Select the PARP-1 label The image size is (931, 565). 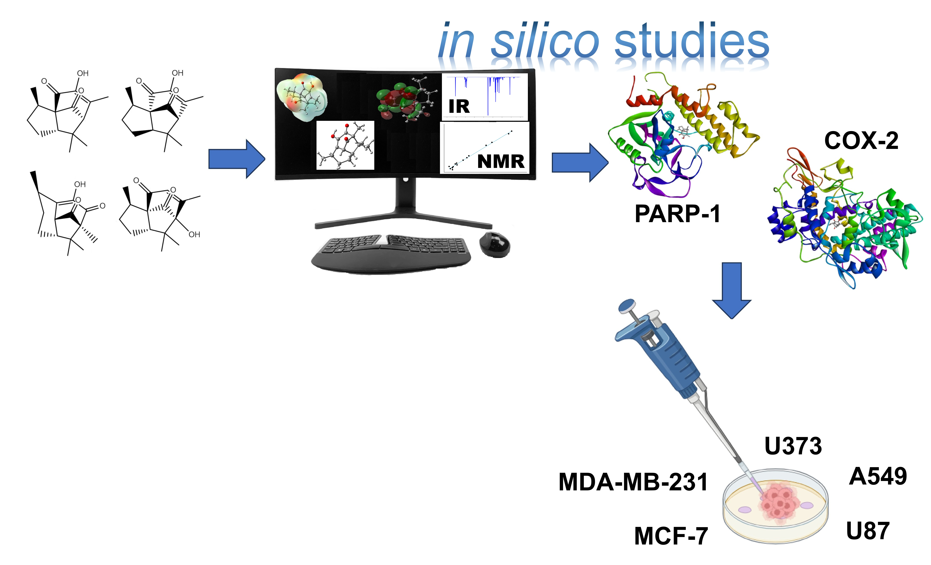[x=677, y=214]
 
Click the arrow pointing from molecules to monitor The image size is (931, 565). [x=237, y=159]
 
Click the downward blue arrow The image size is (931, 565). [x=732, y=290]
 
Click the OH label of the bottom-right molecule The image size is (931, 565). [x=194, y=235]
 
